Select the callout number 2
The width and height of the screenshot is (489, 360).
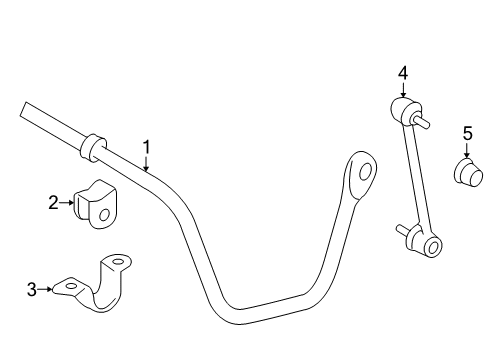pos(54,203)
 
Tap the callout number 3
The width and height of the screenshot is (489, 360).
pos(32,289)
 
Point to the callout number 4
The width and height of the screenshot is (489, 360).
pos(402,72)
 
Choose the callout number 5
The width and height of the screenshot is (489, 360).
pos(467,132)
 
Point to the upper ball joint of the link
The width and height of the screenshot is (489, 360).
pos(403,108)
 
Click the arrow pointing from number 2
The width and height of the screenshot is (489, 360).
pos(69,203)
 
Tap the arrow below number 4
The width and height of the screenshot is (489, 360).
pos(402,89)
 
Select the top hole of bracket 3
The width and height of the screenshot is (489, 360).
pos(118,263)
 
